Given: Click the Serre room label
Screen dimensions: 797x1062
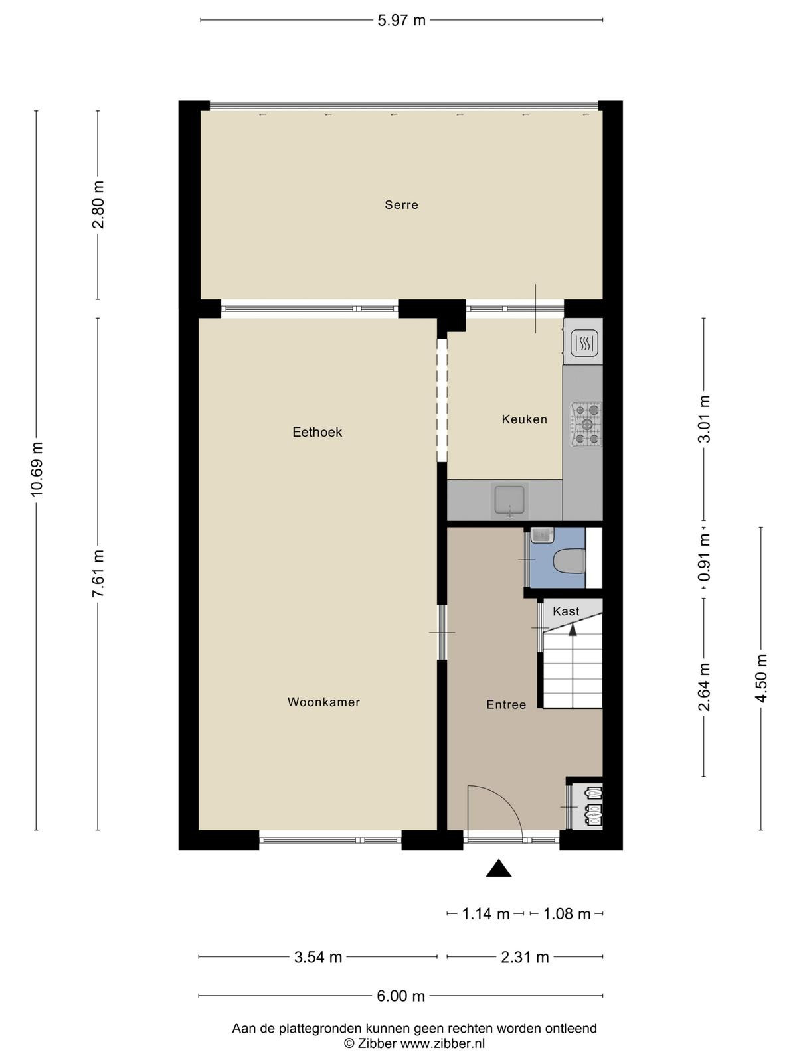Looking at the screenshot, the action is pyautogui.click(x=401, y=205).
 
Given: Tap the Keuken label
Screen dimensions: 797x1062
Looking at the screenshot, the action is pyautogui.click(x=524, y=419).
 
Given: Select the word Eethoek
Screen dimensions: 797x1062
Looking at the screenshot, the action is pyautogui.click(x=317, y=432).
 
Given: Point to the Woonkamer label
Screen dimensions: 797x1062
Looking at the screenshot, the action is pyautogui.click(x=323, y=702).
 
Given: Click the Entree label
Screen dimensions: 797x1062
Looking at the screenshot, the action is pyautogui.click(x=506, y=704).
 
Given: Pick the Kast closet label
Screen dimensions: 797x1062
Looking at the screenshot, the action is pyautogui.click(x=566, y=611).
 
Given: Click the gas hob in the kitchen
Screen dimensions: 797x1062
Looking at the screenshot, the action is pyautogui.click(x=586, y=424).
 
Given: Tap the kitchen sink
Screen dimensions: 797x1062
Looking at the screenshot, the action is pyautogui.click(x=509, y=500).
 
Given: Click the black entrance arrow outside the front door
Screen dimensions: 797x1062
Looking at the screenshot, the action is pyautogui.click(x=498, y=868).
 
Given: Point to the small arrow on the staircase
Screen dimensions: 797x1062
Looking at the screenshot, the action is pyautogui.click(x=573, y=629).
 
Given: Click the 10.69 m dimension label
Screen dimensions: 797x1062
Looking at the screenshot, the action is pyautogui.click(x=37, y=469).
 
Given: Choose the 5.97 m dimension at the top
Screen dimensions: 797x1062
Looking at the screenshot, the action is pyautogui.click(x=401, y=21).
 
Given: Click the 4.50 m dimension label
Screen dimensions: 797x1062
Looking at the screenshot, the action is pyautogui.click(x=762, y=678).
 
